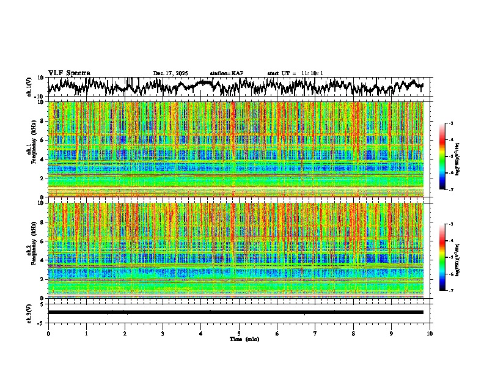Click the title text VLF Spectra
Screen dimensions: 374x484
[x=69, y=73]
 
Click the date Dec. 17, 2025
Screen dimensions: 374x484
[x=170, y=73]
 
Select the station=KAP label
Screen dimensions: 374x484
[x=226, y=73]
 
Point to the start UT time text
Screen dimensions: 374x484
[x=295, y=73]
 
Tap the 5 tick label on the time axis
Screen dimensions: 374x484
[x=239, y=333]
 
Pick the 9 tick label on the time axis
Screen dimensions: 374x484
[x=392, y=333]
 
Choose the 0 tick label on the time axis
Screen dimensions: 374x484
[x=48, y=333]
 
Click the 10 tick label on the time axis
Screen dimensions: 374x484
[x=430, y=333]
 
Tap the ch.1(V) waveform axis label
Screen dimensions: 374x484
[x=30, y=87]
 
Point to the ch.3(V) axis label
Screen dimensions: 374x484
[x=30, y=312]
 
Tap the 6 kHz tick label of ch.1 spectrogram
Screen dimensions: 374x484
[x=43, y=140]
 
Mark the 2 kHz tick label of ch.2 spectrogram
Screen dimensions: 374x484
[x=43, y=279]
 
